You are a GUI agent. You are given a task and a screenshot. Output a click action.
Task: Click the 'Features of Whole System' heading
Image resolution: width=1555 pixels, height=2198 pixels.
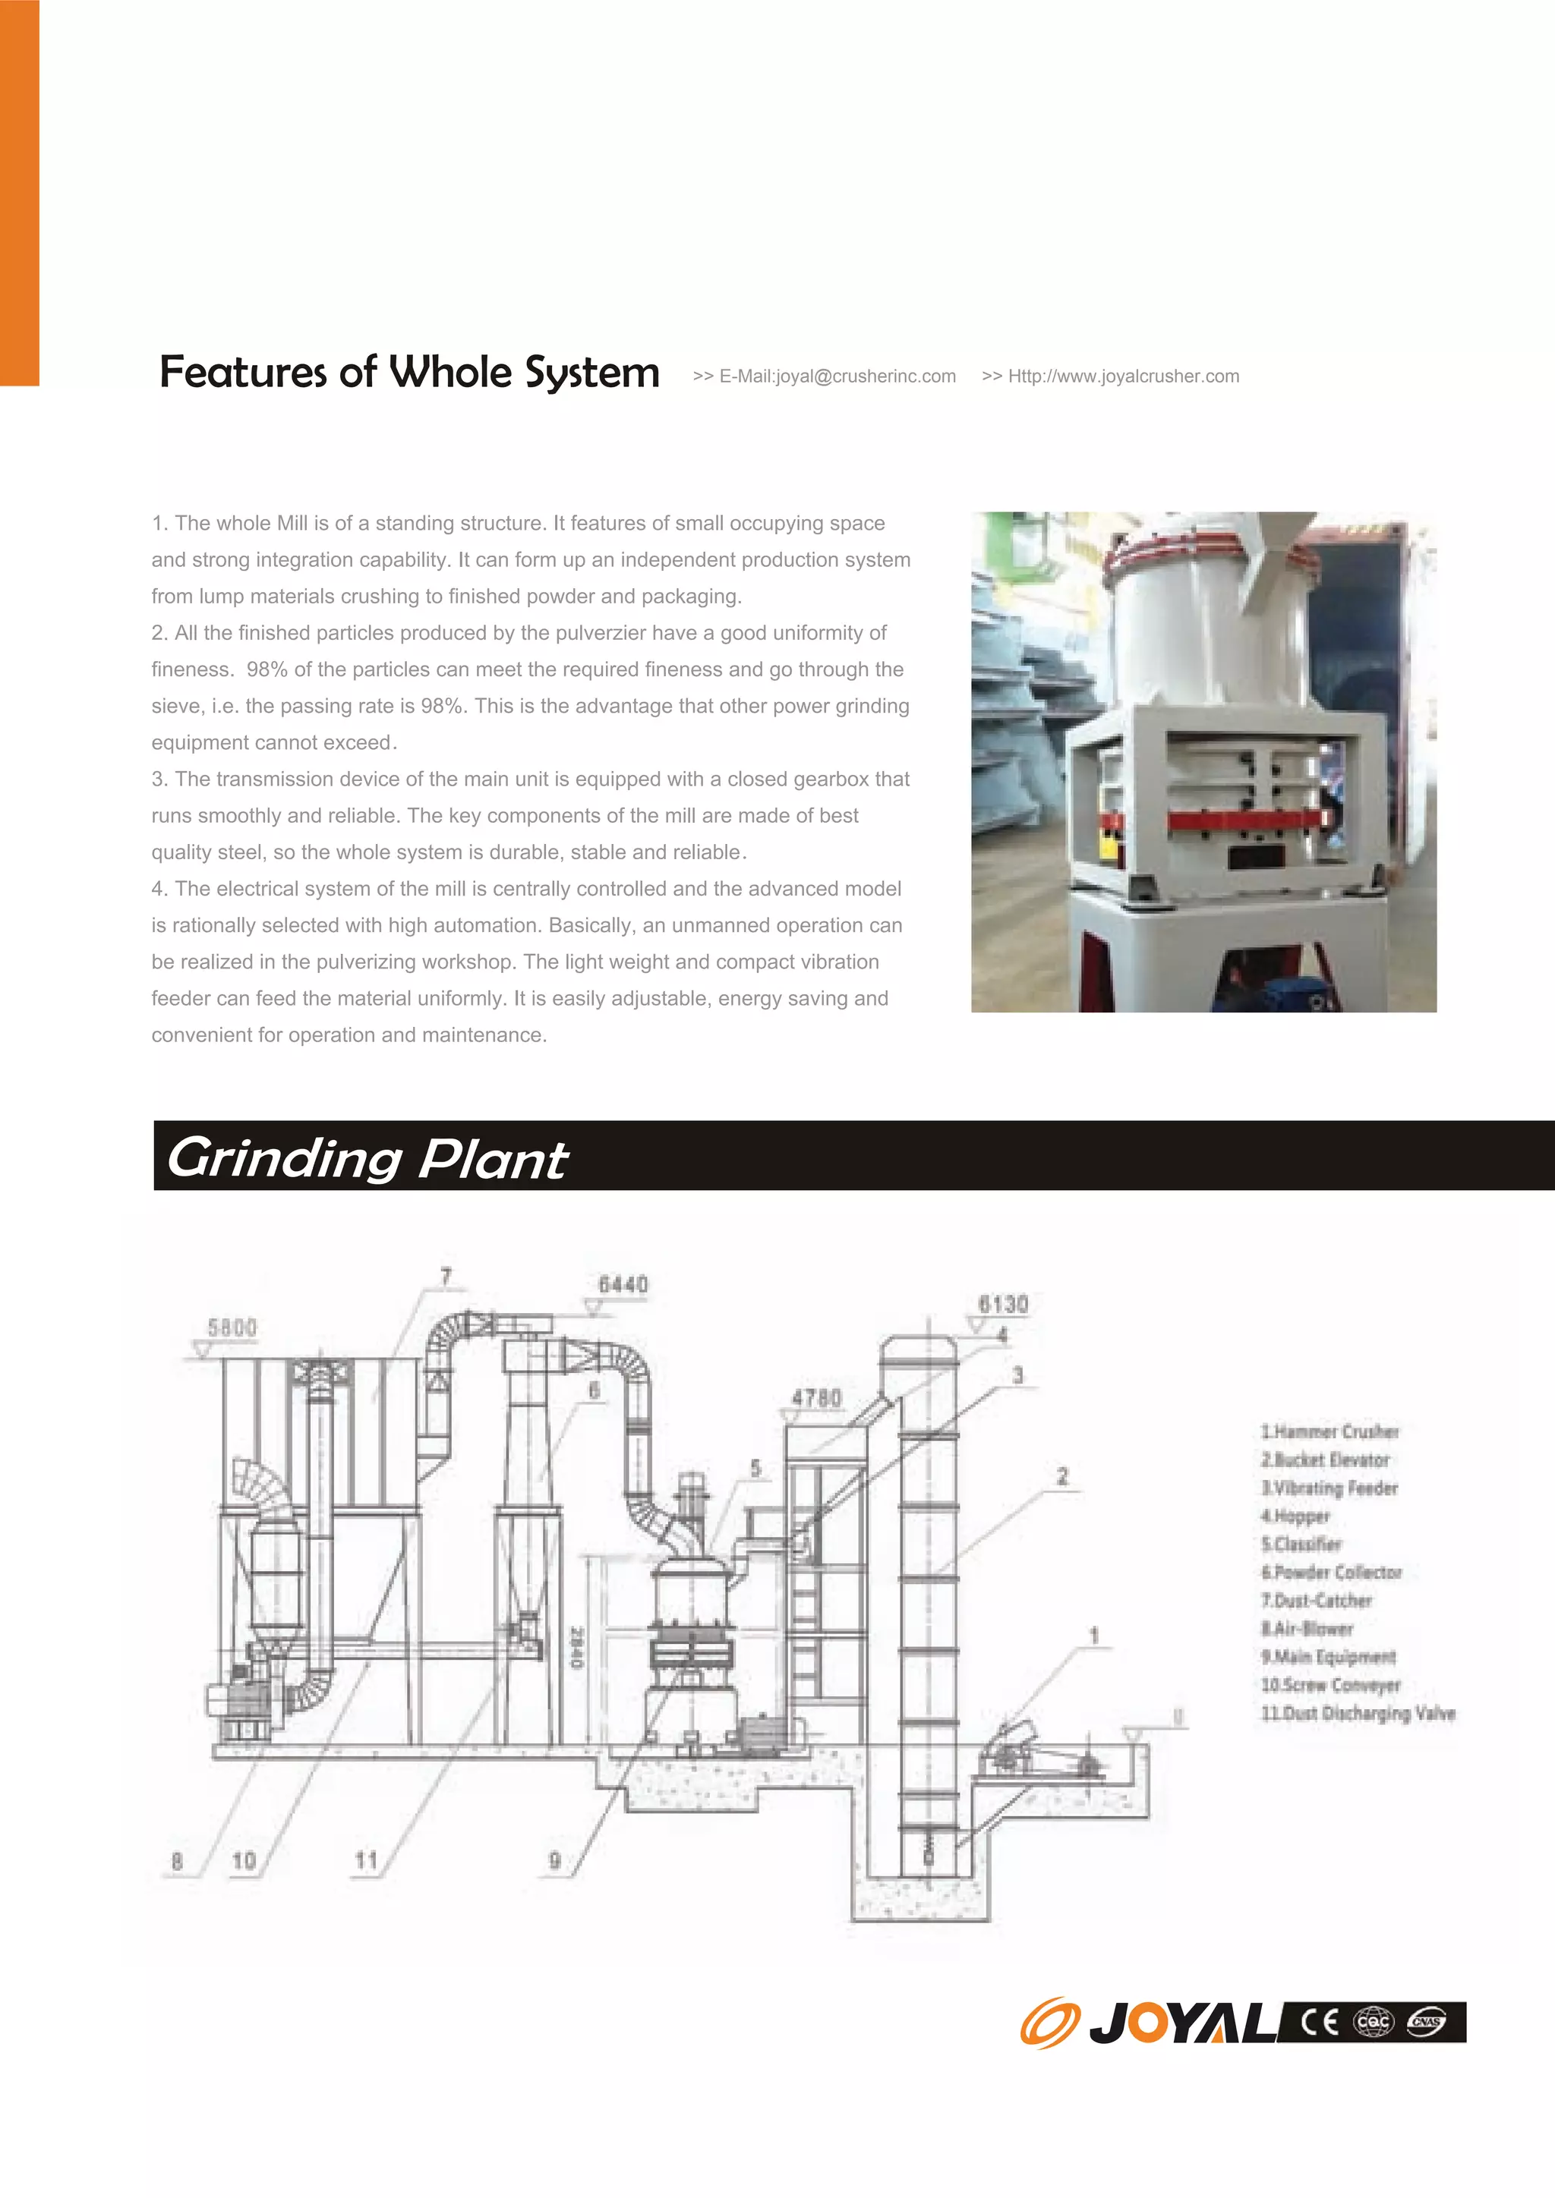coord(408,373)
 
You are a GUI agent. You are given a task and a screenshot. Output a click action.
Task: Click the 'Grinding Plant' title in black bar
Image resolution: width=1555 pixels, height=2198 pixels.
coord(367,1158)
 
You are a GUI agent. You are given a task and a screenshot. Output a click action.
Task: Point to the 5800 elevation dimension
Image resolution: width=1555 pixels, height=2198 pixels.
coord(232,1327)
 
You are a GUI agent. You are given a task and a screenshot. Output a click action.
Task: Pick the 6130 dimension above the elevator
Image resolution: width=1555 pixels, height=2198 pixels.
coord(1002,1304)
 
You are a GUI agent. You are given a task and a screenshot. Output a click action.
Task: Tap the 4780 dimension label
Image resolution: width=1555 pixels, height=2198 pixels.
coord(815,1398)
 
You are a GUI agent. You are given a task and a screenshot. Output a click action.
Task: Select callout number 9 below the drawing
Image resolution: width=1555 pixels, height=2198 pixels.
coord(554,1860)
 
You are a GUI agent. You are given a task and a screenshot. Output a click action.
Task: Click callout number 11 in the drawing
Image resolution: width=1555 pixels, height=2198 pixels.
coord(366,1860)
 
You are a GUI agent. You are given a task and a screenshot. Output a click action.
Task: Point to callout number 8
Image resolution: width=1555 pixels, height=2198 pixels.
coord(177,1861)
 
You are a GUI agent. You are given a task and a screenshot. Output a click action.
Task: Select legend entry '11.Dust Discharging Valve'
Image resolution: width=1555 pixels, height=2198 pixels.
coord(1358,1713)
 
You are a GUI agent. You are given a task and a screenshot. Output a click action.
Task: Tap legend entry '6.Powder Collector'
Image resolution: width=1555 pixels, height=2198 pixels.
coord(1331,1572)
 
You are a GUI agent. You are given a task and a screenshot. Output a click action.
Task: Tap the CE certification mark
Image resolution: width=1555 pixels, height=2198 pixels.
coord(1320,2022)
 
